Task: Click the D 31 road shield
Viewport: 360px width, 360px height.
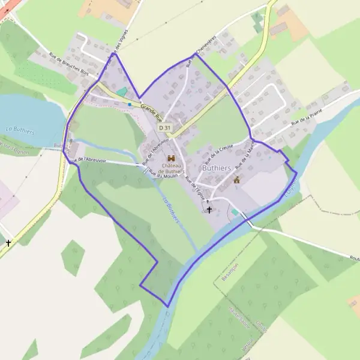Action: coord(165,128)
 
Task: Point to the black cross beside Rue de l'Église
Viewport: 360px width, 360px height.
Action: coord(209,209)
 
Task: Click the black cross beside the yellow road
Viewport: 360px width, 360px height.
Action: coord(8,243)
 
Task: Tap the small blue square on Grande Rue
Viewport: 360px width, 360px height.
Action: coord(129,104)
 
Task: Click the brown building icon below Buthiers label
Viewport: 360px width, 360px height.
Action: coord(237,179)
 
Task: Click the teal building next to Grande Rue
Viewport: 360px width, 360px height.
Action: coord(122,91)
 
